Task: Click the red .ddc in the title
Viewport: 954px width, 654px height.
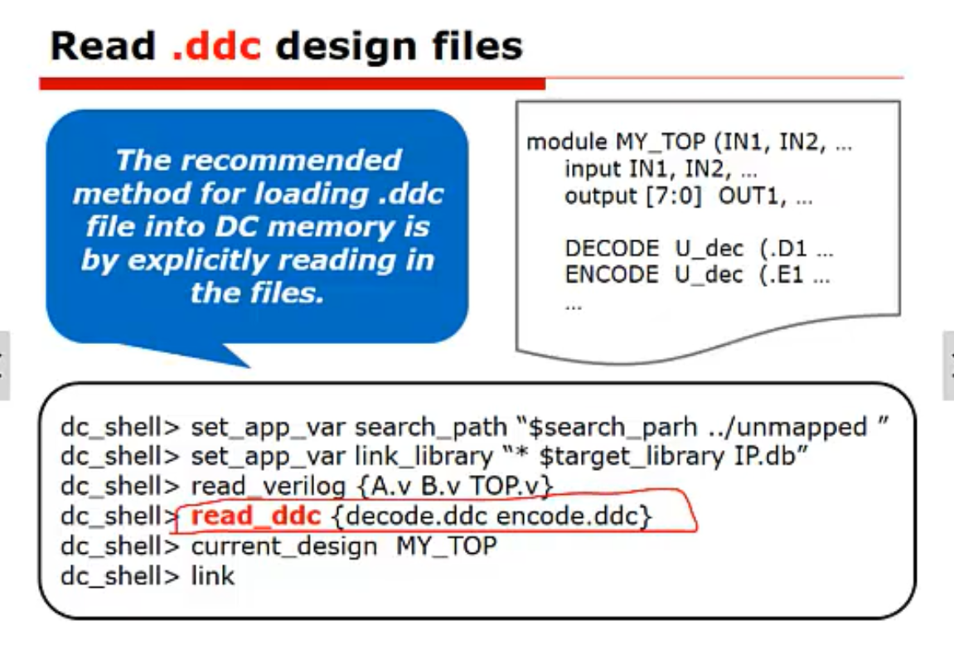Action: (216, 46)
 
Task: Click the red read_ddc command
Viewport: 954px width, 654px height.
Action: (256, 516)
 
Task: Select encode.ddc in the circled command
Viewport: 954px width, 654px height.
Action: (569, 516)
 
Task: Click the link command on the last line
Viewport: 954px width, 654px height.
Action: (213, 574)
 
